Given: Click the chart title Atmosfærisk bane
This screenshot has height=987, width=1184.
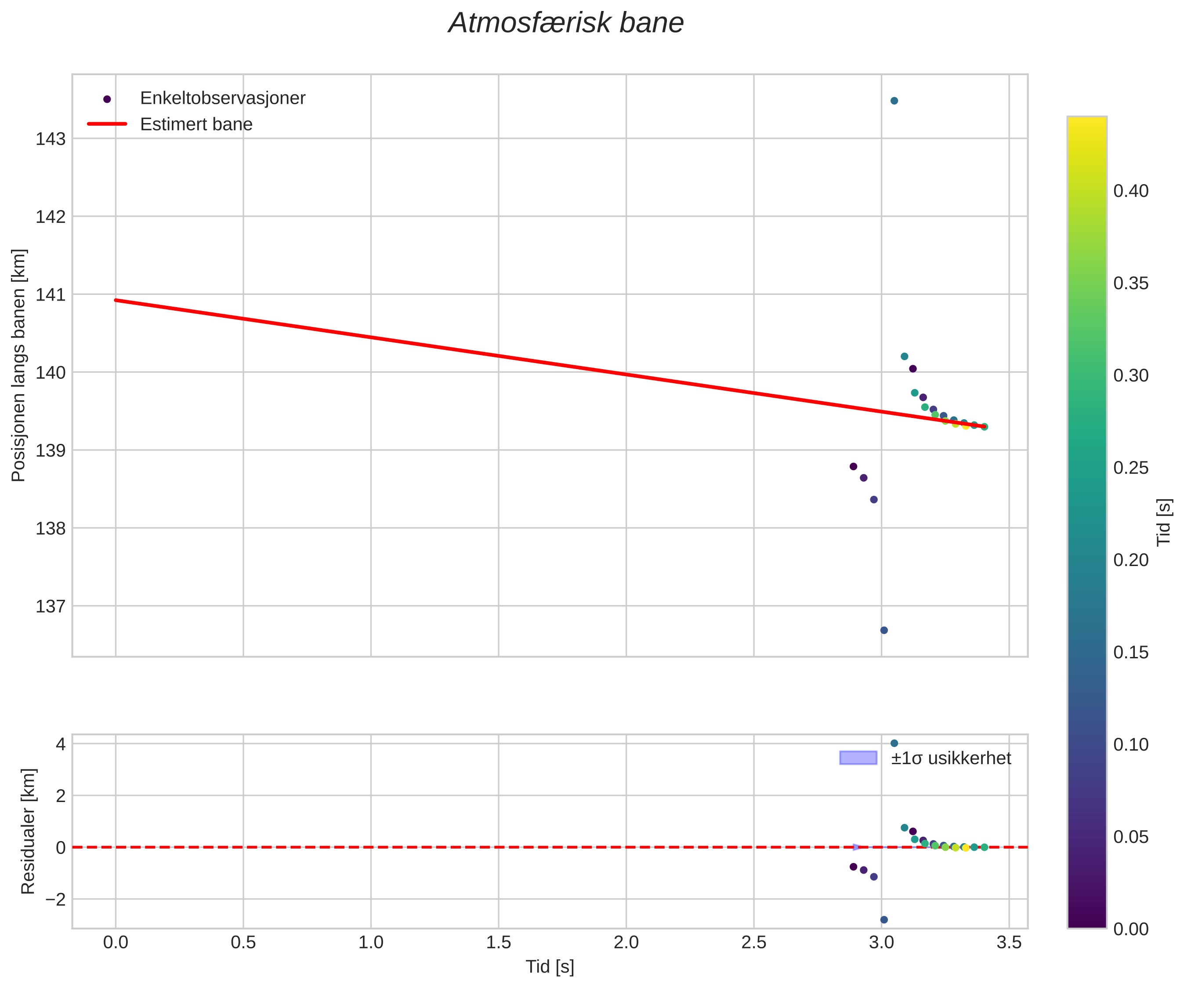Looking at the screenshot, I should point(565,24).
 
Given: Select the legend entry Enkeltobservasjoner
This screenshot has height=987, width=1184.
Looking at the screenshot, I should point(222,98).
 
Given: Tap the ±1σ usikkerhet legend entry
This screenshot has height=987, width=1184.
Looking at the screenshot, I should point(951,758).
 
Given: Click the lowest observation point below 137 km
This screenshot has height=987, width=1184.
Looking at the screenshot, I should point(884,630).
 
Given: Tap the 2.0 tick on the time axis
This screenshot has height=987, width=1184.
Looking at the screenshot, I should point(626,943).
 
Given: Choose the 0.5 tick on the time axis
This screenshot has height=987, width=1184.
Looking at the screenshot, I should point(243,943).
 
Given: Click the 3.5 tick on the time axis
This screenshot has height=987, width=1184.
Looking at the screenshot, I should point(1009,943).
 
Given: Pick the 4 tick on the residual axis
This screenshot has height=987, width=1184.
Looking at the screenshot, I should point(60,744).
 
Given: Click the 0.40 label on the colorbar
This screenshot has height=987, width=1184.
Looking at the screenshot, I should point(1130,191).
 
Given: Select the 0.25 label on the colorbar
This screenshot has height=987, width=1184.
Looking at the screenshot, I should point(1130,468).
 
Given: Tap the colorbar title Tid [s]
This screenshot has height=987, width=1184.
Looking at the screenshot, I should point(1164,522).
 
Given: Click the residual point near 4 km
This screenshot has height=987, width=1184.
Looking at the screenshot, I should point(894,744).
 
